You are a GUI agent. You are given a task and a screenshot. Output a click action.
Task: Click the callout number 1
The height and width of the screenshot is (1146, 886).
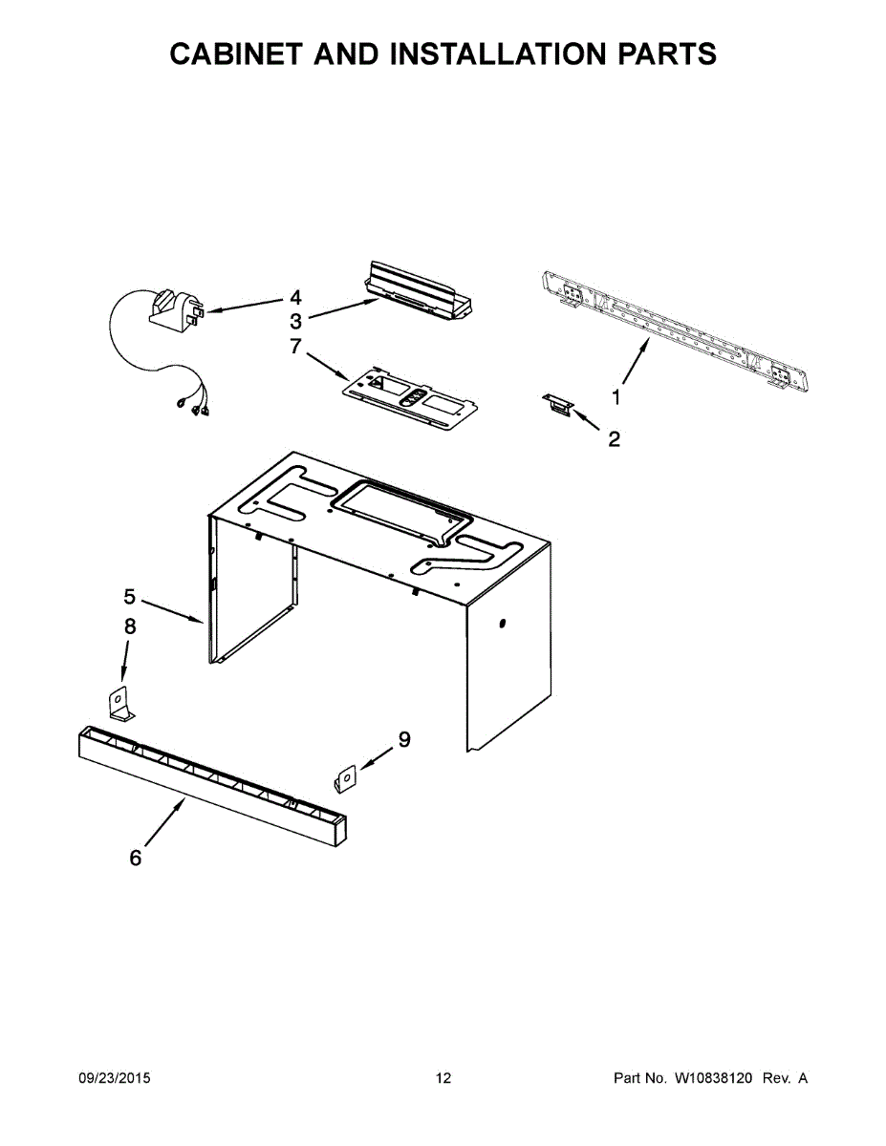(616, 396)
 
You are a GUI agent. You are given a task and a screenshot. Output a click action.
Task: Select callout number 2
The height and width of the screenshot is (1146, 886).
(614, 439)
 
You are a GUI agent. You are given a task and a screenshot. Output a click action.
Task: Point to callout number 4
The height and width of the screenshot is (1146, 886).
(295, 297)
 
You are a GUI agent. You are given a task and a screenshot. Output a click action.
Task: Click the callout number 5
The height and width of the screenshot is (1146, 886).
(130, 597)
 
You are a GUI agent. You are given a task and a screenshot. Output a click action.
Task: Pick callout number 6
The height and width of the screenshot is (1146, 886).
(136, 859)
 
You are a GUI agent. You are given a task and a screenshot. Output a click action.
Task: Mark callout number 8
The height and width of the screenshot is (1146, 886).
(130, 626)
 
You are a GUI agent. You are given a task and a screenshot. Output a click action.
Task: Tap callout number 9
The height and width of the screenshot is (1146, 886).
(404, 739)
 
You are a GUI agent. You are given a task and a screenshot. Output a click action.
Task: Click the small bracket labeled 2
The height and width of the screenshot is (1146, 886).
(557, 405)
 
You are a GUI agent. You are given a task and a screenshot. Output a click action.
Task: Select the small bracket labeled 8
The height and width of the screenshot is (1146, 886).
(119, 704)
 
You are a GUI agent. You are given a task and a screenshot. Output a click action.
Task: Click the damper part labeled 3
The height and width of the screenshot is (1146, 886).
(420, 290)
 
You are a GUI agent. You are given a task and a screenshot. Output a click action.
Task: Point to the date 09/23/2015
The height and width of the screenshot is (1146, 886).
(114, 1078)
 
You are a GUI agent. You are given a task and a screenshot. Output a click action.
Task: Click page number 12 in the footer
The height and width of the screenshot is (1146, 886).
(443, 1078)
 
